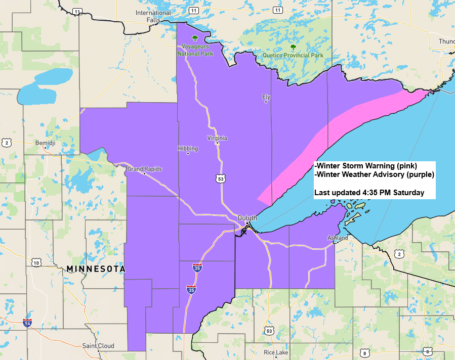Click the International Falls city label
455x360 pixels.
(153, 16)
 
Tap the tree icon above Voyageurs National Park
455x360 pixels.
(195, 38)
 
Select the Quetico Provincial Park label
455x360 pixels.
(293, 55)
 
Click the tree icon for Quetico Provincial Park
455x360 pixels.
(293, 47)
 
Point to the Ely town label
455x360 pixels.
(266, 96)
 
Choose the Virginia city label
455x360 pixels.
(217, 138)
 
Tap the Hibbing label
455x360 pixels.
(188, 149)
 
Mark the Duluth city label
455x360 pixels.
(247, 218)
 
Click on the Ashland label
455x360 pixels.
(337, 238)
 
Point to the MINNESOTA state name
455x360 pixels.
(96, 269)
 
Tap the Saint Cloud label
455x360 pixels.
(98, 346)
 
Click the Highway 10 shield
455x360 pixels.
(35, 262)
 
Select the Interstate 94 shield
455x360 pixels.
(26, 322)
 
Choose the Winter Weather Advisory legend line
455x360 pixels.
(374, 175)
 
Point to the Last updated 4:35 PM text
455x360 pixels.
(369, 193)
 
